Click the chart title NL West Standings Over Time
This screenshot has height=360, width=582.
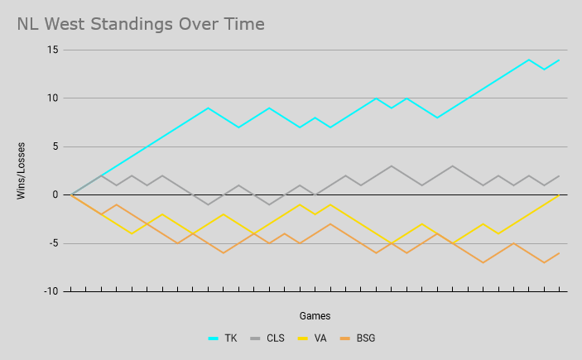pyautogui.click(x=141, y=24)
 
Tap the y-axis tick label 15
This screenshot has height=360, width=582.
pyautogui.click(x=52, y=50)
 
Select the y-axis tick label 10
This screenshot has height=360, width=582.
pyautogui.click(x=52, y=98)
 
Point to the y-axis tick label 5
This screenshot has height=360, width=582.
pyautogui.click(x=55, y=146)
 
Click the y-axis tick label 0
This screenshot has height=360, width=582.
pyautogui.click(x=55, y=195)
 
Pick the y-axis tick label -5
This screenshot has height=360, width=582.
pyautogui.click(x=52, y=243)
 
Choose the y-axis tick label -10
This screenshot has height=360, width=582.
pyautogui.click(x=51, y=291)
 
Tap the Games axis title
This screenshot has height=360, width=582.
pyautogui.click(x=315, y=315)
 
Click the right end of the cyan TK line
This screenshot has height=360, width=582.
pyautogui.click(x=560, y=60)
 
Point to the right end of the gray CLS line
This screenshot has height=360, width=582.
pyautogui.click(x=560, y=175)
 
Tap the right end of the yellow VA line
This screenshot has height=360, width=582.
pyautogui.click(x=560, y=195)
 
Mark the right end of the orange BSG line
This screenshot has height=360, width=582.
pyautogui.click(x=560, y=253)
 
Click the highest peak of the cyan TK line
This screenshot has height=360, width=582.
pyautogui.click(x=529, y=60)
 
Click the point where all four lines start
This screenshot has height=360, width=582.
pyautogui.click(x=72, y=195)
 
